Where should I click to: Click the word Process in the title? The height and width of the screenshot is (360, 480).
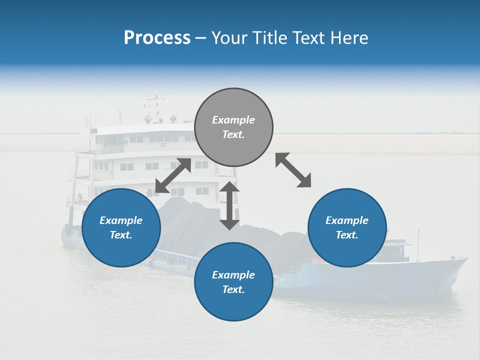[157, 38]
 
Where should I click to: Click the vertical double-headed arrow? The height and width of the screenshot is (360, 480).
[229, 205]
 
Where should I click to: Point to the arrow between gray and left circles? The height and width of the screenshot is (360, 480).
[173, 175]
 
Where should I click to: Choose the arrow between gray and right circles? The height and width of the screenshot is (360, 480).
[293, 170]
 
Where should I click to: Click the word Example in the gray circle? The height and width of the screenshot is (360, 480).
[233, 120]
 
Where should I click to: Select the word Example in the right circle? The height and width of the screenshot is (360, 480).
[347, 220]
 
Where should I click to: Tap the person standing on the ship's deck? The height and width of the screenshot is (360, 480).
[79, 197]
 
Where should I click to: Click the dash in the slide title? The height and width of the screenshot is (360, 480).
[200, 38]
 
